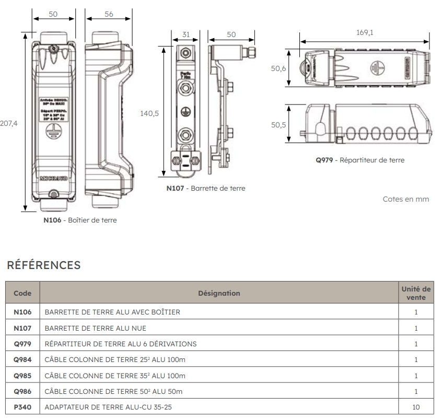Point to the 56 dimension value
coord(109,14)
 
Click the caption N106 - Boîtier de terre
coord(80,220)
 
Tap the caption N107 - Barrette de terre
coord(205,189)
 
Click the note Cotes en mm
coord(406,200)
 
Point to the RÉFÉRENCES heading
coord(43,266)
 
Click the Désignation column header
coord(219,294)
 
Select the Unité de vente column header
coord(416,293)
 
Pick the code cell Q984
coord(22,360)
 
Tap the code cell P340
coord(22,407)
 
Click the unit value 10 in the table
coord(416,407)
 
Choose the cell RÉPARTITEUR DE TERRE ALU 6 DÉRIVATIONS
coord(121,344)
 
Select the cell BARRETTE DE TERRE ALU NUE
coord(96,329)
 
